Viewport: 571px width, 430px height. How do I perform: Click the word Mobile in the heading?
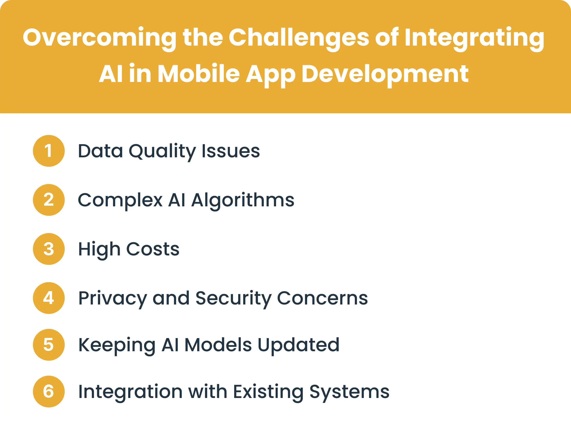[x=198, y=74]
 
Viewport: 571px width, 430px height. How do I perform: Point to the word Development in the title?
[x=385, y=74]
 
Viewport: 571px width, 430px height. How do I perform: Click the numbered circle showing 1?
[x=49, y=151]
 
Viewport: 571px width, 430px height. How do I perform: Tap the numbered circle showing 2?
[x=49, y=200]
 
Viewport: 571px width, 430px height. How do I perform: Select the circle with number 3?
[x=49, y=249]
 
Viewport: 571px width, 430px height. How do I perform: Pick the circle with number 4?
[x=49, y=298]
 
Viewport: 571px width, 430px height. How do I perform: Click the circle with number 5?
[x=49, y=345]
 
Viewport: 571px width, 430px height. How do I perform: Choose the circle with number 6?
[x=49, y=392]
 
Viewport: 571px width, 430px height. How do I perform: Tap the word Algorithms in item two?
[x=243, y=200]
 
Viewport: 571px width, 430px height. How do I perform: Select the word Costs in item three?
[x=153, y=249]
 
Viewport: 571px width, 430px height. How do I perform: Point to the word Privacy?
[x=112, y=298]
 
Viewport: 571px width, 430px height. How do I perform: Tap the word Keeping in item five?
[x=117, y=345]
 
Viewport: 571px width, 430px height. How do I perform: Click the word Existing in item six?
[x=268, y=392]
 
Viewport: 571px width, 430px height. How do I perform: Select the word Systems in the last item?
[x=349, y=392]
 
